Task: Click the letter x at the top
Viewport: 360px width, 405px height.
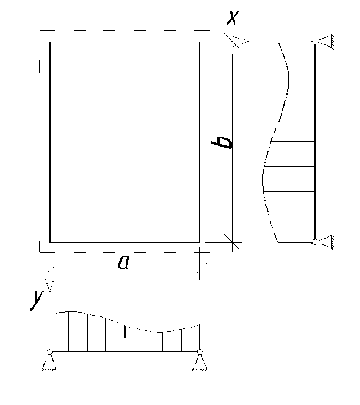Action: tap(233, 18)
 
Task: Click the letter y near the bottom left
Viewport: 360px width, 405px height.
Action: tap(37, 299)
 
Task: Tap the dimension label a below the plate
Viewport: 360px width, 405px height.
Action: tap(124, 263)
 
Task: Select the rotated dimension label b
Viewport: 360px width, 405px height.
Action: tap(222, 142)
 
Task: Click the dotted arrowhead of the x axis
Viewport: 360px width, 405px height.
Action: tap(236, 41)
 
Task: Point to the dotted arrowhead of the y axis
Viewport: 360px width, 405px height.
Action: tap(50, 279)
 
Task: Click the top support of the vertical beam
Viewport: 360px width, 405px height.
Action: tap(324, 42)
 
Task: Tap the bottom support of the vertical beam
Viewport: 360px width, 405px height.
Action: tap(324, 243)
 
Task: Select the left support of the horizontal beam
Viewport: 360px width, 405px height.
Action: tap(49, 360)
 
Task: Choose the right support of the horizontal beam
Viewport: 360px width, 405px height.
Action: tap(199, 360)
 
